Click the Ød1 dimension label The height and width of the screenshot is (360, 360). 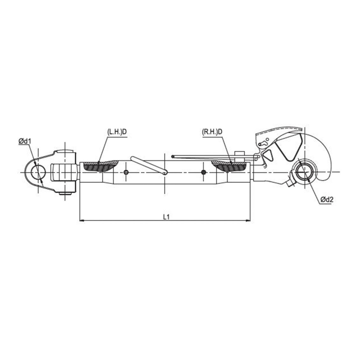(x=25, y=141)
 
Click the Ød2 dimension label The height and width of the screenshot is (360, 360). (x=327, y=199)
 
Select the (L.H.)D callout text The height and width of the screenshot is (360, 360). (x=117, y=132)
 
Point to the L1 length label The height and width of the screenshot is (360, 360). (x=166, y=217)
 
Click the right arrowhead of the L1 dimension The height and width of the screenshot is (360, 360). (x=248, y=221)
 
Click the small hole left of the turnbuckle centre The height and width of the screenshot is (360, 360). (x=126, y=172)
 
